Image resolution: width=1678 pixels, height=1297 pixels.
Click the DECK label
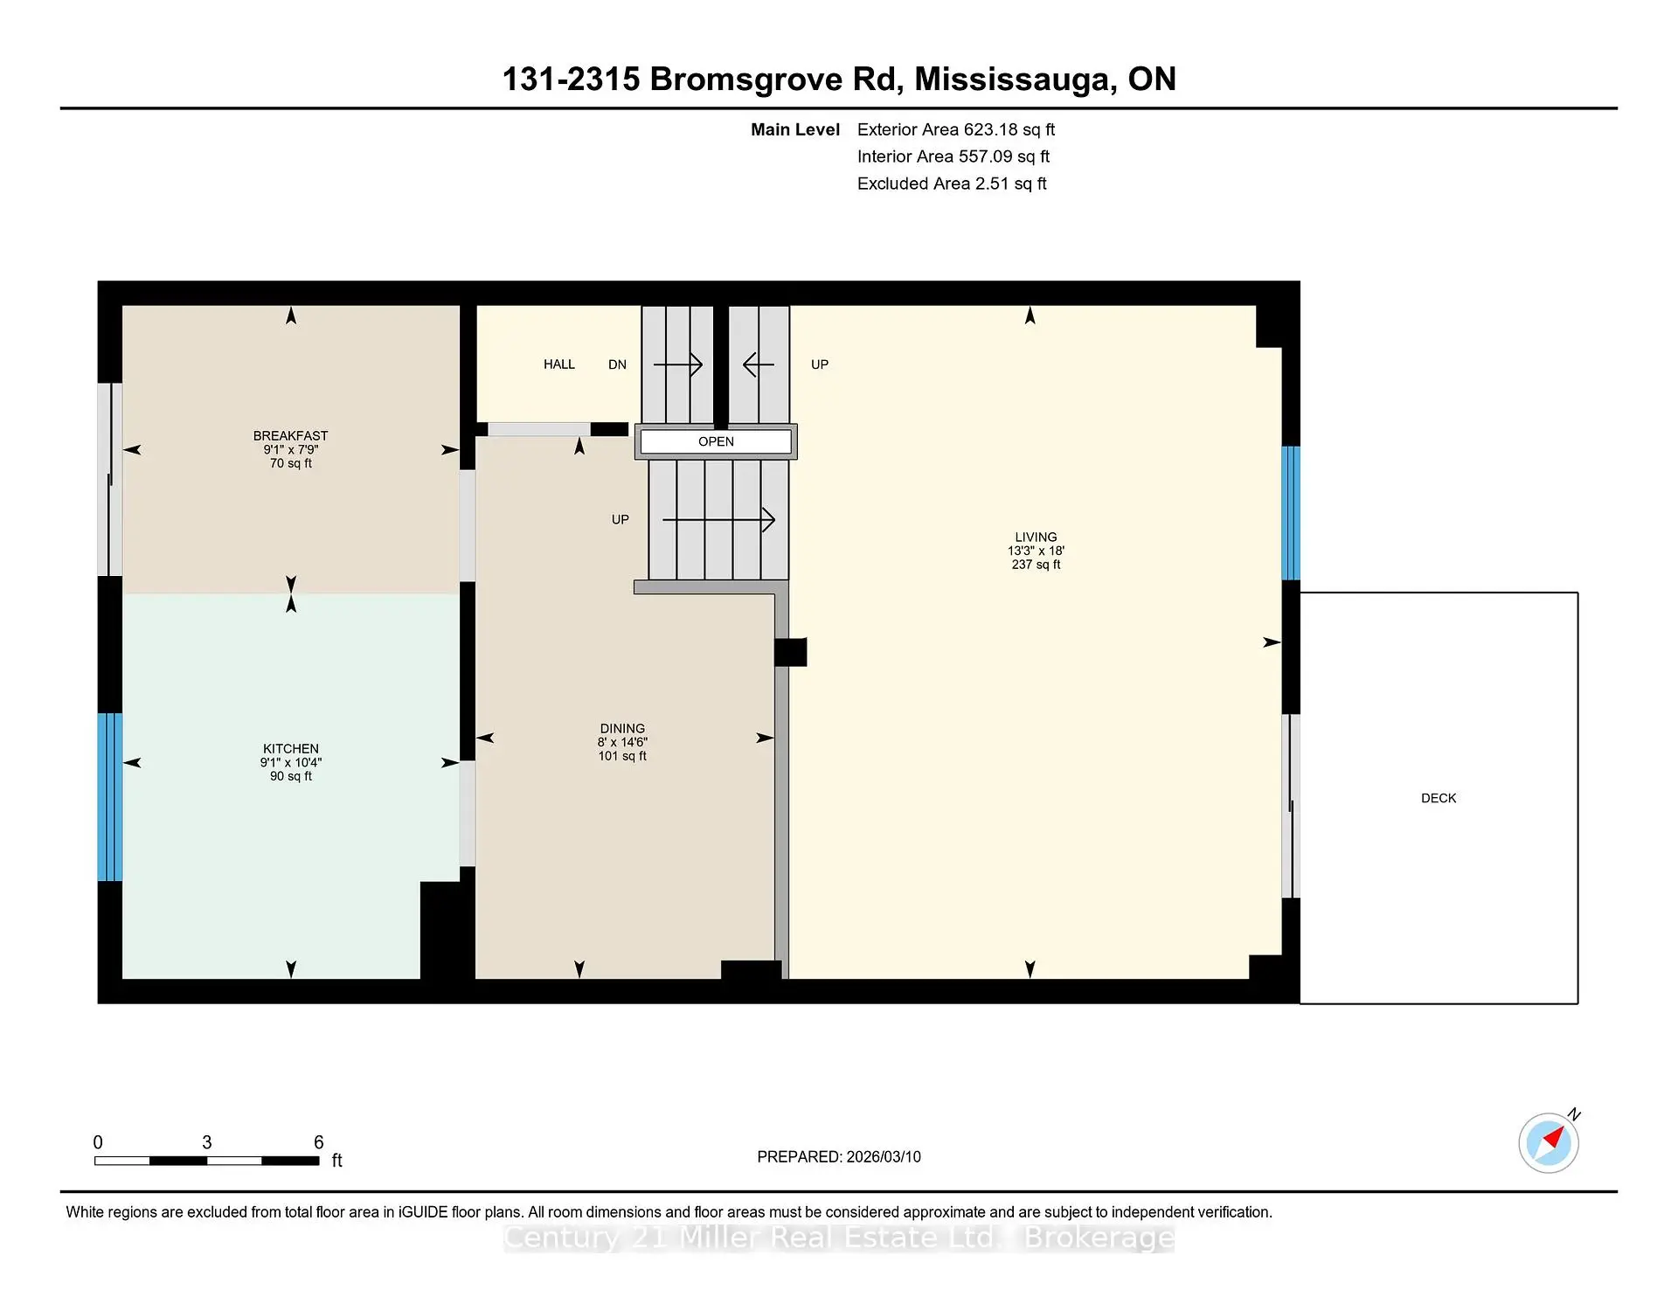point(1439,798)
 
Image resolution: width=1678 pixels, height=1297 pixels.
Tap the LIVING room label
point(1036,537)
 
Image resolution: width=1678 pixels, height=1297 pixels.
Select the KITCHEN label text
point(291,748)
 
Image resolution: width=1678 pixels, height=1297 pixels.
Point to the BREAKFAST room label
point(291,435)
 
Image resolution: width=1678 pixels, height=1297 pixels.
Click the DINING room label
point(622,728)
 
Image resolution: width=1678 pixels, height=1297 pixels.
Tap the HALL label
point(559,364)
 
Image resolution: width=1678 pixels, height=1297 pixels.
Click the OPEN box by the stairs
point(716,441)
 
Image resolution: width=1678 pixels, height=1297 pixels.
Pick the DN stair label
point(617,364)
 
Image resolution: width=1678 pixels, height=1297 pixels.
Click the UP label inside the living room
point(820,364)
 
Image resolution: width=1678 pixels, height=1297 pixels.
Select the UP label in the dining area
point(621,519)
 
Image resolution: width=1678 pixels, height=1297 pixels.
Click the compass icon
point(1549,1141)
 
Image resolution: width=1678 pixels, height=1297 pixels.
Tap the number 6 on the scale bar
point(319,1142)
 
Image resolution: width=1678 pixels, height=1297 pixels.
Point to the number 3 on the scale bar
point(207,1142)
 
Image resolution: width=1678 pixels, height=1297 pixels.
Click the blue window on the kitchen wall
point(109,797)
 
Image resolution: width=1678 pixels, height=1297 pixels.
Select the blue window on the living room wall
point(1291,513)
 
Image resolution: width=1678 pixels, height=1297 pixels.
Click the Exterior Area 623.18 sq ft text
point(956,129)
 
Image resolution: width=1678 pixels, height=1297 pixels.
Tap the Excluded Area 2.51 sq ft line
point(952,184)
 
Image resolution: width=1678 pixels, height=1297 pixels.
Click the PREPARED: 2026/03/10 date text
point(839,1156)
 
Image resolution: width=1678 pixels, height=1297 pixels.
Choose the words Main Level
point(795,129)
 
